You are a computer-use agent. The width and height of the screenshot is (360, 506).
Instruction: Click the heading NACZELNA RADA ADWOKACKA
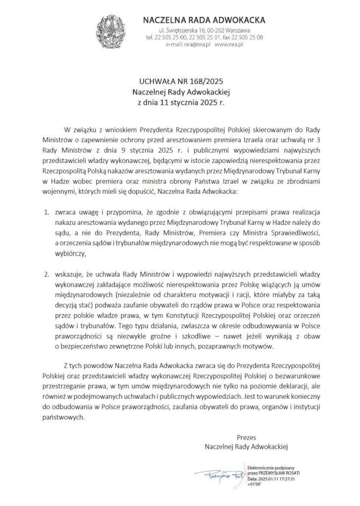tap(204, 21)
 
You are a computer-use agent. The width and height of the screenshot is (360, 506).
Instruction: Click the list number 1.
tap(45, 212)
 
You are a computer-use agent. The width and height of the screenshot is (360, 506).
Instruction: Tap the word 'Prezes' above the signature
tap(246, 437)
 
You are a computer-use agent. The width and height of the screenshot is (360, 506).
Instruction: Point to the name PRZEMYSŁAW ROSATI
tap(277, 473)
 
